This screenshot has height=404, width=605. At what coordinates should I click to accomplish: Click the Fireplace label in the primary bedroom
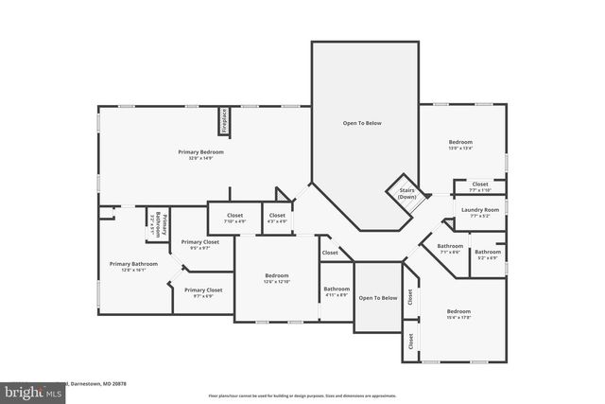[x=225, y=123]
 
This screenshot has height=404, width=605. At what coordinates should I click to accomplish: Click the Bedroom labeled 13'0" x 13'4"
[x=460, y=145]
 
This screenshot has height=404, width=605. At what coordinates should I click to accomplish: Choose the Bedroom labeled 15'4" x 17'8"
[x=458, y=314]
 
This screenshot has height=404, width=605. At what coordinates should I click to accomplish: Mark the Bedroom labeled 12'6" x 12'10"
[x=276, y=278]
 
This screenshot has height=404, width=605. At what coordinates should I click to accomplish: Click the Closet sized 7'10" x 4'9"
[x=234, y=218]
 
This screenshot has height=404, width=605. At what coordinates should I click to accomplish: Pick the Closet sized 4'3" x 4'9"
[x=277, y=218]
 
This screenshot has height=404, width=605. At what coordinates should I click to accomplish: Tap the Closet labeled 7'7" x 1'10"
[x=480, y=185]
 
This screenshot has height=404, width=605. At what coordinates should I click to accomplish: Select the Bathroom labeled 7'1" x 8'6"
[x=449, y=249]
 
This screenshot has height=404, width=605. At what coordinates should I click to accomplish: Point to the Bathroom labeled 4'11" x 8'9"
[x=337, y=291]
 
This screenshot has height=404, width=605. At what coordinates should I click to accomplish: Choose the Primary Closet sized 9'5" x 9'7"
[x=199, y=244]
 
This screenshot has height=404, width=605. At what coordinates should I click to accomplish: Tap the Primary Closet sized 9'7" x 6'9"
[x=203, y=292]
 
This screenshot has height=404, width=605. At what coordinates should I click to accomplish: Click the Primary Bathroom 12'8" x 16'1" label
[x=133, y=267]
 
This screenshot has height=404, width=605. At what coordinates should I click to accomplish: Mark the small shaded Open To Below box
[x=377, y=298]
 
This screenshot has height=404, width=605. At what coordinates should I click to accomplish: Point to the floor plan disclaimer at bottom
[x=302, y=395]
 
